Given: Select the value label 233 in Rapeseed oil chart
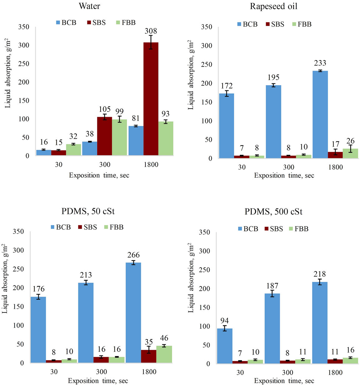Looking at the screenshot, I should (320, 63).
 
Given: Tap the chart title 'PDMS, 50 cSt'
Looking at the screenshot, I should (88, 211).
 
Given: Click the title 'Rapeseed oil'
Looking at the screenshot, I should (274, 7).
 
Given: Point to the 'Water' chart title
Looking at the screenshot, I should (90, 6).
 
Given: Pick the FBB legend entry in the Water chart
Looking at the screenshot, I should (126, 22).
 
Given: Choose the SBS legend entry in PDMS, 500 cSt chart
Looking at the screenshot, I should (274, 229).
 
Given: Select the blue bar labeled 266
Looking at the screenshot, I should (133, 312).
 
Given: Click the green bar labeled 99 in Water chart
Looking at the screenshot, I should (119, 137).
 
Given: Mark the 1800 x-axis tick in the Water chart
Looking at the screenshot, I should (151, 165).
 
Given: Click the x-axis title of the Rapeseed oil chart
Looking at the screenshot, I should (284, 175).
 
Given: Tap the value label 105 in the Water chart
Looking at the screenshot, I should (105, 109).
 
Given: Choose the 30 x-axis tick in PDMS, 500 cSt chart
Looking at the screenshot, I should (240, 372).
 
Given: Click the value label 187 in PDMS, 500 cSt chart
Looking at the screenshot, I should (272, 286).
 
